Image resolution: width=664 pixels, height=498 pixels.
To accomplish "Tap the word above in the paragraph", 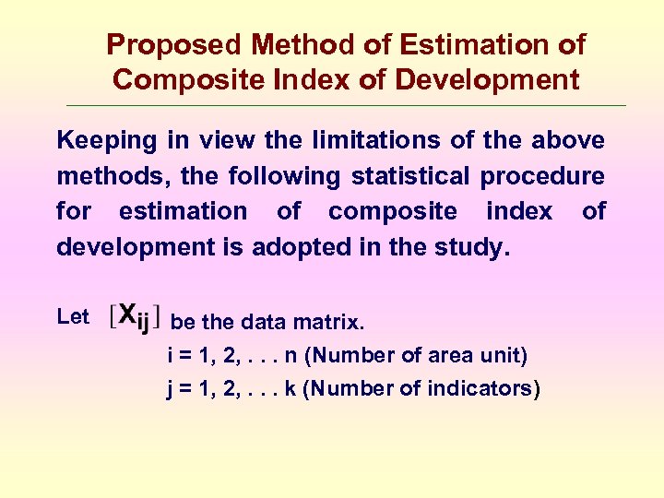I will (568, 141).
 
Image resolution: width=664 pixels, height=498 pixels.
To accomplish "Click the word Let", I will (73, 317).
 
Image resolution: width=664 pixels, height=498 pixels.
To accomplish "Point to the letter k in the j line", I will (290, 388).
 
